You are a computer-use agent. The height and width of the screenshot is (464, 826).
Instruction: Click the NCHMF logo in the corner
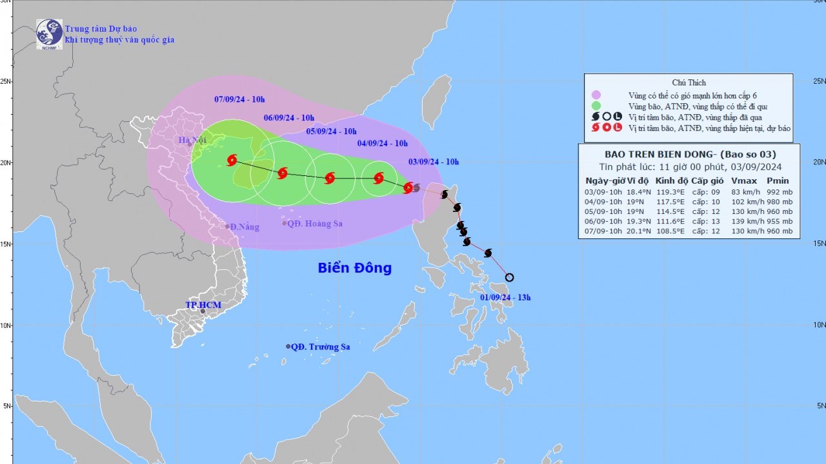(49, 34)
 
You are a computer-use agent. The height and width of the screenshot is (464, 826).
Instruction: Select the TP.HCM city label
(203, 305)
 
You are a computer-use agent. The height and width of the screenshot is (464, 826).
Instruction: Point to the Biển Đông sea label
(354, 268)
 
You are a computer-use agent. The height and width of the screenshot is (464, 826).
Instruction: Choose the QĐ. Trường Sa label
(320, 347)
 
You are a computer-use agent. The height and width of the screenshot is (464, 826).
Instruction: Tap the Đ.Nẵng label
(240, 226)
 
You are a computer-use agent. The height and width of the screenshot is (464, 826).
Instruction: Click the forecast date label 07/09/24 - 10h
(239, 99)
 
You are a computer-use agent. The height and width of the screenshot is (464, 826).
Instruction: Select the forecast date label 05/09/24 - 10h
(331, 131)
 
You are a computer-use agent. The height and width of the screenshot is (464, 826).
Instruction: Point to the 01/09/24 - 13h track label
(505, 297)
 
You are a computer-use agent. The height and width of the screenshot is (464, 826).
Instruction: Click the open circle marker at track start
(509, 278)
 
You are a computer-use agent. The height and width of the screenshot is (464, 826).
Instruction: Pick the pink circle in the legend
(596, 95)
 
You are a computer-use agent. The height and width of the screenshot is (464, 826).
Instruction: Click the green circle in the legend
(596, 106)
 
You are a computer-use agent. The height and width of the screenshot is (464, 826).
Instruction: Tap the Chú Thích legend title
(689, 82)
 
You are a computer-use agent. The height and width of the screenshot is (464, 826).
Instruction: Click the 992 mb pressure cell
(778, 191)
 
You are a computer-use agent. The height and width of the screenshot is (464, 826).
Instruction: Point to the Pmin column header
(778, 181)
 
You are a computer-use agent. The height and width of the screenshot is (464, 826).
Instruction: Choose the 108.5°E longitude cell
(667, 231)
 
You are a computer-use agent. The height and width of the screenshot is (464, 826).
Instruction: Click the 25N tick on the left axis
(6, 82)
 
